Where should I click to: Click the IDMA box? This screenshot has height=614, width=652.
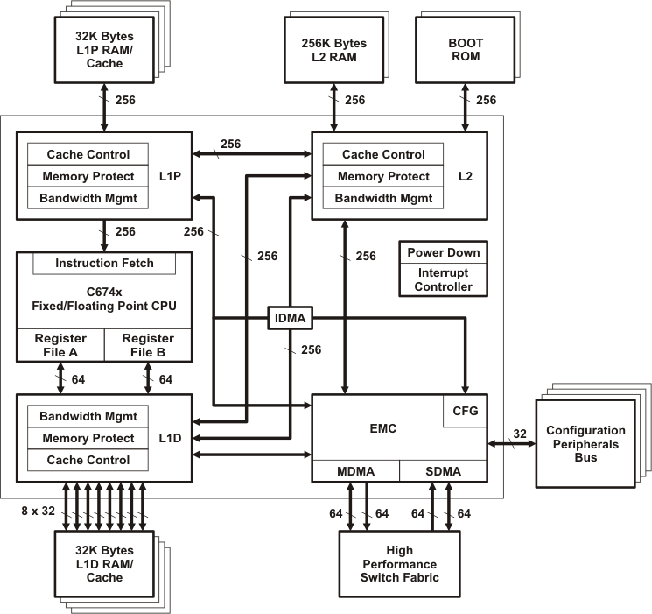pyautogui.click(x=290, y=318)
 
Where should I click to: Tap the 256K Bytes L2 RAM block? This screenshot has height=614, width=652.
pyautogui.click(x=333, y=50)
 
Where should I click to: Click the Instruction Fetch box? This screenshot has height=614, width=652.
pyautogui.click(x=104, y=263)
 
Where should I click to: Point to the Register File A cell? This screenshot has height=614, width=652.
pyautogui.click(x=60, y=345)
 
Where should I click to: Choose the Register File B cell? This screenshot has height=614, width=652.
pyautogui.click(x=148, y=345)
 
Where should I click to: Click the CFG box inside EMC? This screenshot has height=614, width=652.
pyautogui.click(x=465, y=411)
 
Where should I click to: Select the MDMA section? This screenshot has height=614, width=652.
pyautogui.click(x=355, y=471)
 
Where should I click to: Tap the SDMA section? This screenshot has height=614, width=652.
pyautogui.click(x=443, y=471)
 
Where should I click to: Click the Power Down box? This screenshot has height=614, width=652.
pyautogui.click(x=443, y=252)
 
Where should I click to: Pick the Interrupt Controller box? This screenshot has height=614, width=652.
pyautogui.click(x=443, y=280)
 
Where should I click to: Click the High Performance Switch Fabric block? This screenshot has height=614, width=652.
pyautogui.click(x=399, y=564)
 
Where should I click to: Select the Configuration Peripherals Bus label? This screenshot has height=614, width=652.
pyautogui.click(x=585, y=444)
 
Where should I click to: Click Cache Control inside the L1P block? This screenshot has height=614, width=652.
pyautogui.click(x=88, y=154)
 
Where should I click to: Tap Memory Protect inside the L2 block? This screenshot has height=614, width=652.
pyautogui.click(x=383, y=176)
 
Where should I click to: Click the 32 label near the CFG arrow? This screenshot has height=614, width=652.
pyautogui.click(x=520, y=433)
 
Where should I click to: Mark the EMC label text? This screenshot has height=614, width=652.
pyautogui.click(x=383, y=428)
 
